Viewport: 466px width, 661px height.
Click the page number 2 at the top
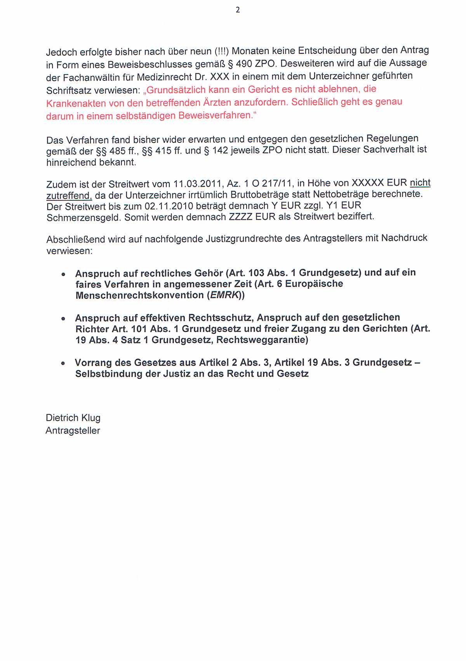click(x=238, y=10)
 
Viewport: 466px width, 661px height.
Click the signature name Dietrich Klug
click(x=73, y=418)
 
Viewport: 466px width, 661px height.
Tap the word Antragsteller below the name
click(x=73, y=431)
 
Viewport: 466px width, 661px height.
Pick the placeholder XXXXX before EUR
click(x=367, y=183)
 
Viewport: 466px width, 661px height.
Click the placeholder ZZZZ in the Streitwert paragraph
click(x=240, y=217)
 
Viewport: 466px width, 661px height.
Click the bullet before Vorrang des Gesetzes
click(x=63, y=364)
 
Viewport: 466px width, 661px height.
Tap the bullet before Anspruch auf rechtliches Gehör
click(x=63, y=274)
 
